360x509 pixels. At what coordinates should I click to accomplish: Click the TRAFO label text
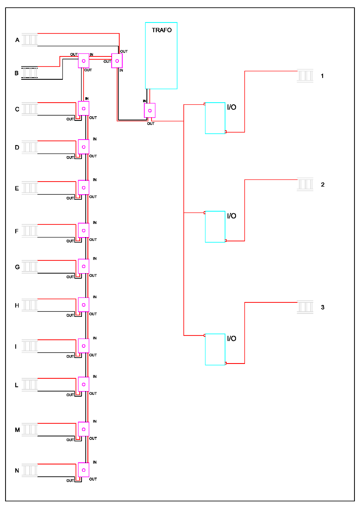162,30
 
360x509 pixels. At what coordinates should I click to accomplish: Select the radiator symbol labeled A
30,40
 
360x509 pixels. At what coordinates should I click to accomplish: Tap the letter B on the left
17,73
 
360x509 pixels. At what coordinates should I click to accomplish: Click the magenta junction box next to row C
84,109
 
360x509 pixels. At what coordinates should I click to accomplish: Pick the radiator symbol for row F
30,231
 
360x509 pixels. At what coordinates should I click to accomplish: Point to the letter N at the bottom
17,470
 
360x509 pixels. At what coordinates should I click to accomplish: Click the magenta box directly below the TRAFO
150,110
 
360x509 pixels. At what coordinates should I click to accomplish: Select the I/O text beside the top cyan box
232,107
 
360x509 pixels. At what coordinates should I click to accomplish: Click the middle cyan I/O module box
215,227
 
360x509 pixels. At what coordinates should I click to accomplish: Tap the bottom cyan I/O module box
215,350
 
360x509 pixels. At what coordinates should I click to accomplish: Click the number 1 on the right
323,76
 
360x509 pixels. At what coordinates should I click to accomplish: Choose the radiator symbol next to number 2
305,185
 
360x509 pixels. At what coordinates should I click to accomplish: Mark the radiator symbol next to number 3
305,307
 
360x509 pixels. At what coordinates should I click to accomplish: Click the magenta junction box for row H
84,305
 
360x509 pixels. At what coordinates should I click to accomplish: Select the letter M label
17,430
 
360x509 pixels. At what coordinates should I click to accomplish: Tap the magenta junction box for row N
84,470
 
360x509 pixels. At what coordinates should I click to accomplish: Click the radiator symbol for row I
30,346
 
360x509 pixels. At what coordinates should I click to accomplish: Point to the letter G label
17,267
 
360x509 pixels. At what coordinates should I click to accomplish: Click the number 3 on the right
323,307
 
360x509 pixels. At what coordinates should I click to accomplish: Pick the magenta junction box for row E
84,187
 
